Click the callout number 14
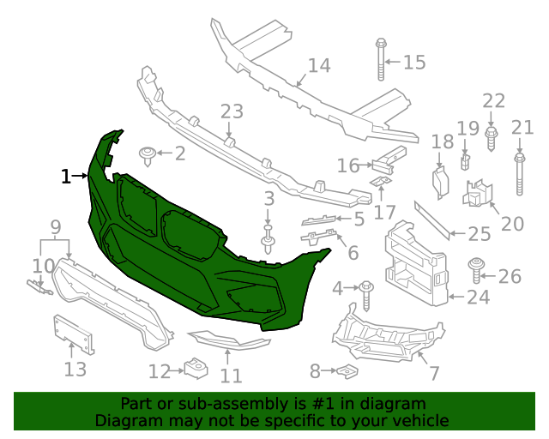coord(318,65)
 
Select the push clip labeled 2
coord(149,155)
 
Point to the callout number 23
coord(232,112)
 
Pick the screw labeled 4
coord(366,292)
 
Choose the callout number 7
coord(433,373)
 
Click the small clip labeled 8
coord(346,371)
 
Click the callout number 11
coord(230,376)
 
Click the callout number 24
coord(478,298)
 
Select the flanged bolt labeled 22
coord(491,138)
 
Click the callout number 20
coord(511,224)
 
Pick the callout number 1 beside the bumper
coord(66,177)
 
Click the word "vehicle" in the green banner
coord(419,421)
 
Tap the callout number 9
coord(55,227)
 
